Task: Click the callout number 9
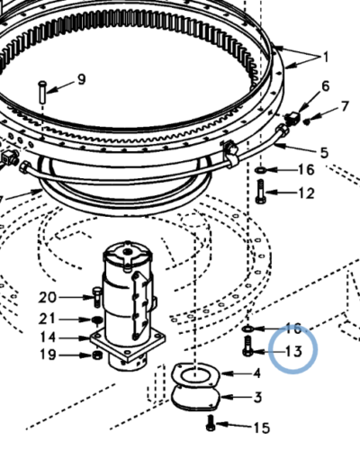[81, 79]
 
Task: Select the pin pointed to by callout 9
[42, 92]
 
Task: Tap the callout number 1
[325, 57]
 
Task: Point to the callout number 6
[326, 86]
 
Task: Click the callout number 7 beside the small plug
[345, 106]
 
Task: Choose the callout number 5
[324, 152]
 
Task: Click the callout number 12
[306, 193]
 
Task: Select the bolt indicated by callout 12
[260, 192]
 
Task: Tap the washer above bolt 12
[260, 171]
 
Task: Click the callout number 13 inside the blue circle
[293, 351]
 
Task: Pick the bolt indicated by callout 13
[247, 346]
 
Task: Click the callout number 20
[48, 298]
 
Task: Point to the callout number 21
[47, 319]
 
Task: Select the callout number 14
[48, 337]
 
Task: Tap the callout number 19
[48, 355]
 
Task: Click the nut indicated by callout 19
[96, 355]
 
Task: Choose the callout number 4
[256, 373]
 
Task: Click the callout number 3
[257, 397]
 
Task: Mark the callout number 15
[262, 428]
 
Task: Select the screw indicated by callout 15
[211, 423]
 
